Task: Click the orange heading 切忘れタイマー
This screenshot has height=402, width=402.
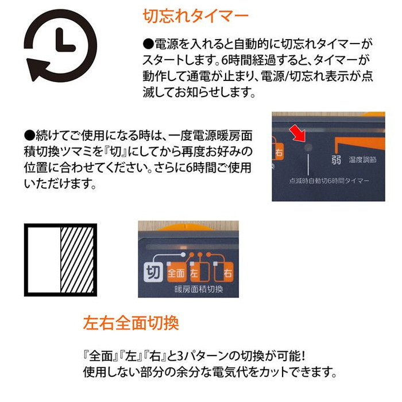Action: pos(195,16)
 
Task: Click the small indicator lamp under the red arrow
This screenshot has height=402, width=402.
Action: pos(308,148)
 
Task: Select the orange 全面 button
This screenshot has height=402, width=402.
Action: pos(176,271)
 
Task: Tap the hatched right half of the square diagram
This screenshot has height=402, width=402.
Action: pos(76,260)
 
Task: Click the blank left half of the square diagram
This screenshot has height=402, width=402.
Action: pos(44,260)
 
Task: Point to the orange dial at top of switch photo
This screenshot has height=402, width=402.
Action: pos(180,226)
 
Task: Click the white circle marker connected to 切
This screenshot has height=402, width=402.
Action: pos(183,254)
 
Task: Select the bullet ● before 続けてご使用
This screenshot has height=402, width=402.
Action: pos(30,137)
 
